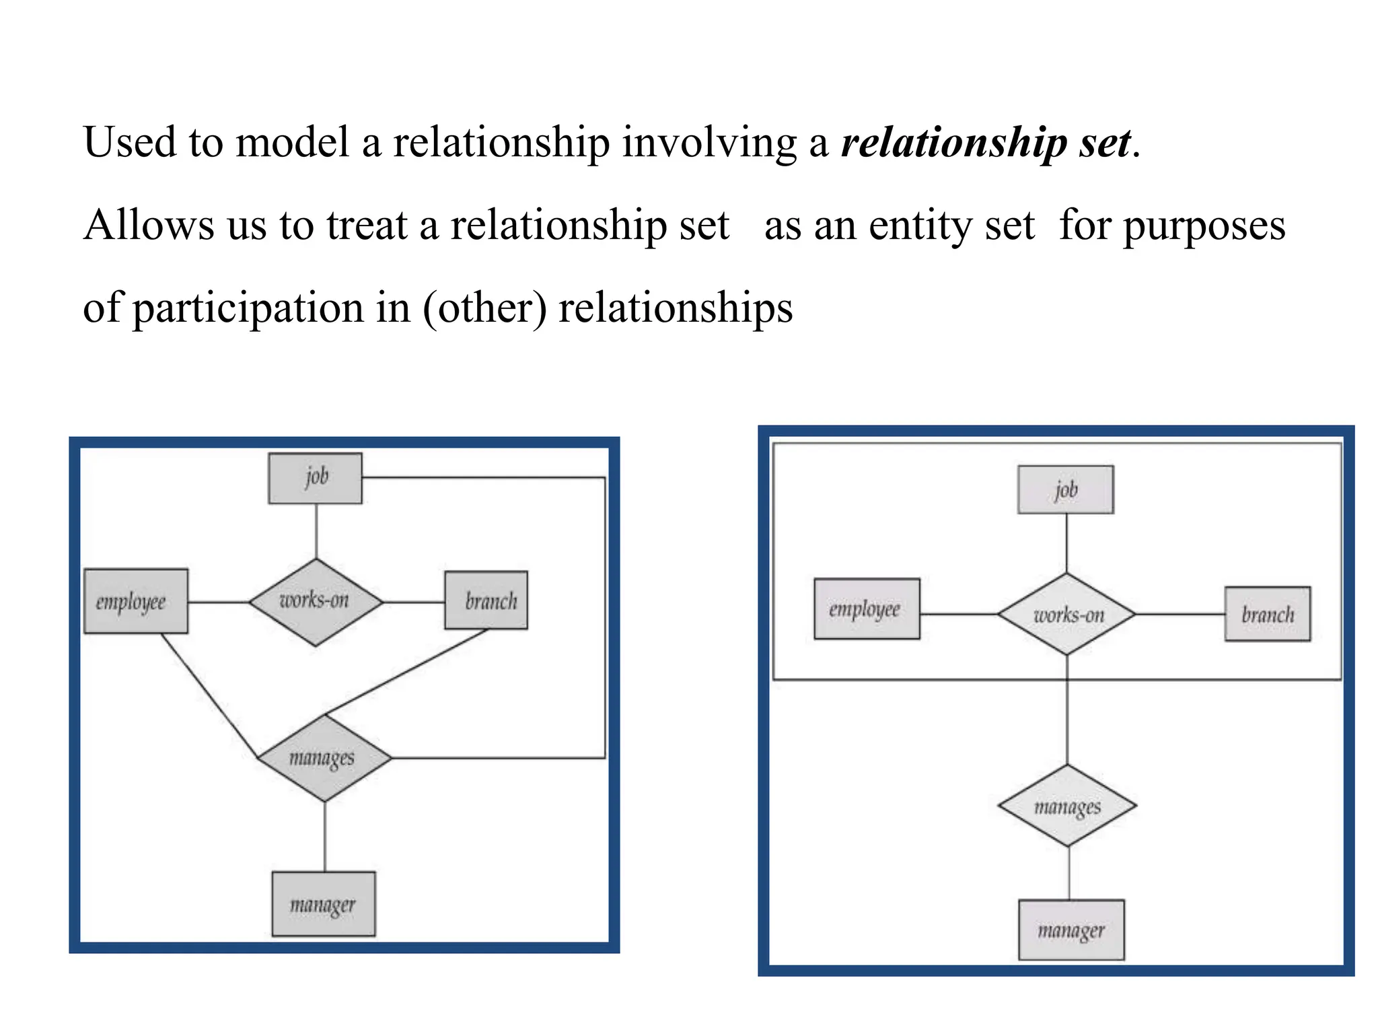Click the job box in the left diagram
point(315,478)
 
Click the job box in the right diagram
point(1065,489)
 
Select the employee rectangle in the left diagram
point(135,601)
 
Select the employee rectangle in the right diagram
point(866,609)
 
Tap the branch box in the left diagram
point(486,600)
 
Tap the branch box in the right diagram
point(1267,614)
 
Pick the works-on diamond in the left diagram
point(315,601)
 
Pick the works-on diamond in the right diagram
point(1066,614)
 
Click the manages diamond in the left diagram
point(324,758)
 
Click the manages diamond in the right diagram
point(1067,805)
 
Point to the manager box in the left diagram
point(323,904)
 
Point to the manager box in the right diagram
point(1071,930)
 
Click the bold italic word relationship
point(953,143)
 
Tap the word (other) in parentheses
point(484,308)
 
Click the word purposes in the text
point(1204,226)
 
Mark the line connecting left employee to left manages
point(209,695)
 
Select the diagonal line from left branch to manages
point(406,672)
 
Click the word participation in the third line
point(247,308)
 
